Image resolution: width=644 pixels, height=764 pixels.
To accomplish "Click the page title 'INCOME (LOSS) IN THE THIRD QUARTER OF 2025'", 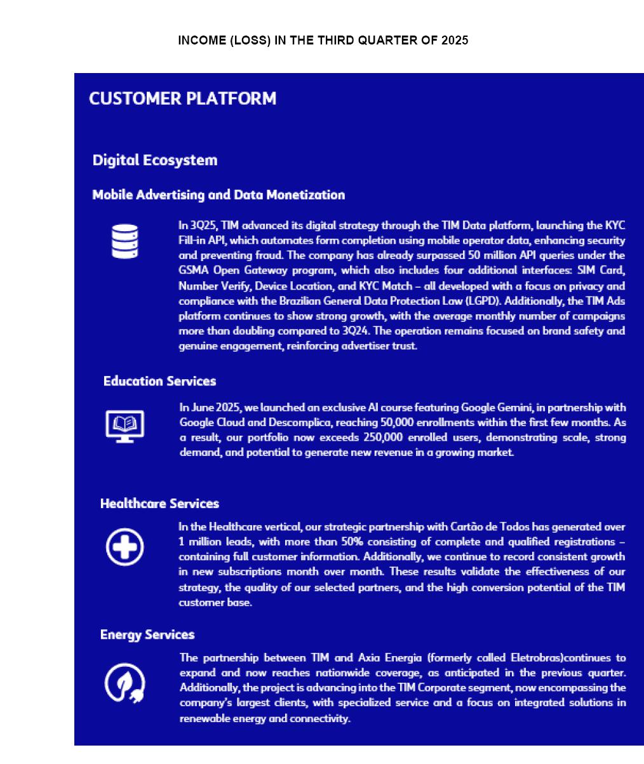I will pyautogui.click(x=323, y=41).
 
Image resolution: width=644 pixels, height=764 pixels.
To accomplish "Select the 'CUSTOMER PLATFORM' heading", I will pyautogui.click(x=183, y=98).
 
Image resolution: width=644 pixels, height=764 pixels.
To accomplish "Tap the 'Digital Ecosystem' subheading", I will pyautogui.click(x=155, y=160).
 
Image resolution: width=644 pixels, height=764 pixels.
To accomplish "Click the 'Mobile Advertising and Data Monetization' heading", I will pyautogui.click(x=218, y=195).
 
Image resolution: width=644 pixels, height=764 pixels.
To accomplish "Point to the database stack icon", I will pyautogui.click(x=124, y=241).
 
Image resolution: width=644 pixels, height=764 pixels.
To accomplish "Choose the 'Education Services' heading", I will pyautogui.click(x=159, y=381).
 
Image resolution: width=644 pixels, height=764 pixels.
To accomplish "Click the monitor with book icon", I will pyautogui.click(x=124, y=426).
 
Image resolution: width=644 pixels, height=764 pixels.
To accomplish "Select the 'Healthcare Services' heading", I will pyautogui.click(x=159, y=504).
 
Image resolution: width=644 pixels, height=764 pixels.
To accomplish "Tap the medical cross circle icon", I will pyautogui.click(x=124, y=547).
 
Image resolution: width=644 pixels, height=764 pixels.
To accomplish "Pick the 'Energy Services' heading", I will pyautogui.click(x=147, y=634).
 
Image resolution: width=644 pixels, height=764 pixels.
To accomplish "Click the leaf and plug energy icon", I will pyautogui.click(x=124, y=683).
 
